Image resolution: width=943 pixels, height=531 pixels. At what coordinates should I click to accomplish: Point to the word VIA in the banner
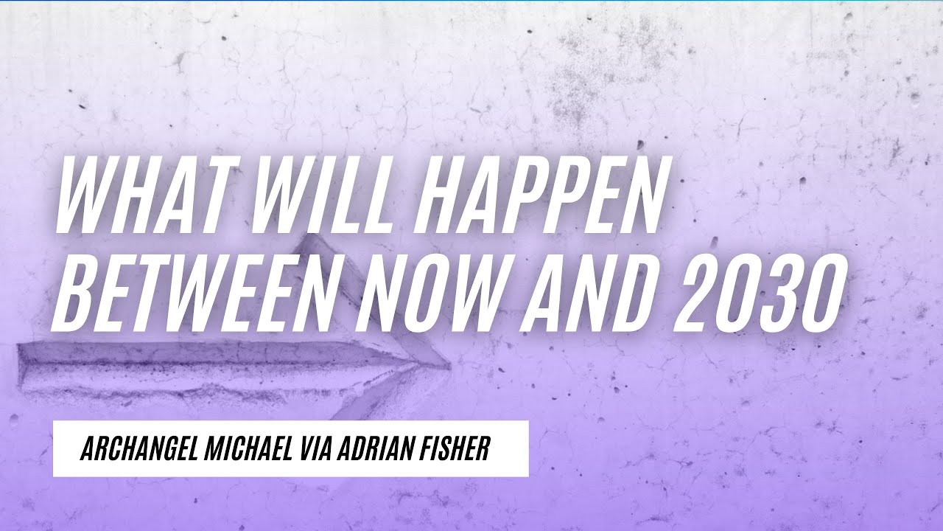pyautogui.click(x=315, y=449)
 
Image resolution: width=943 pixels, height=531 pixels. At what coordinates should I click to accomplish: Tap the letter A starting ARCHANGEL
pyautogui.click(x=87, y=449)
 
